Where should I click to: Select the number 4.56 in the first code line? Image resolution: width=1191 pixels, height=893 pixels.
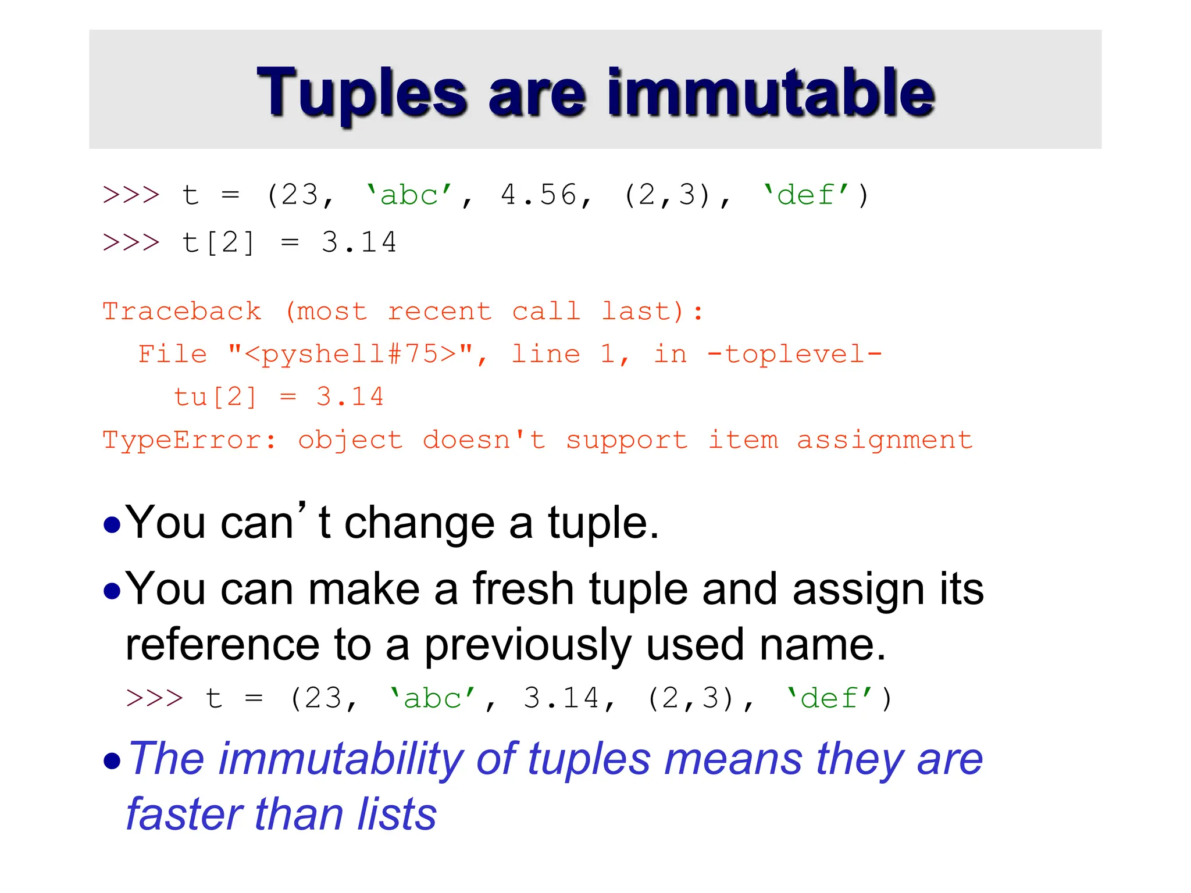tap(538, 195)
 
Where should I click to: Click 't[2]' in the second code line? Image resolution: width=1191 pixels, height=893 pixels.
tap(218, 243)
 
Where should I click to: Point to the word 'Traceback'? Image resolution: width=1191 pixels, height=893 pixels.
tap(182, 312)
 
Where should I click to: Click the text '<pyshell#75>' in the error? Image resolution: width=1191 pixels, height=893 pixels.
tap(350, 355)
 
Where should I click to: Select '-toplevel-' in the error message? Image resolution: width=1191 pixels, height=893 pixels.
tap(794, 355)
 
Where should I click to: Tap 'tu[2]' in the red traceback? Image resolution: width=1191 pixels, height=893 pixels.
tap(215, 398)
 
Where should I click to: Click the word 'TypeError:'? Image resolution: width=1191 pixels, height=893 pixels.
tap(190, 441)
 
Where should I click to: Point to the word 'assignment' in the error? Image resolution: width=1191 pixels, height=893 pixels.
tap(885, 441)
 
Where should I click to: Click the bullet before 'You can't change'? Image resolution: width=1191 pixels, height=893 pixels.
tap(112, 525)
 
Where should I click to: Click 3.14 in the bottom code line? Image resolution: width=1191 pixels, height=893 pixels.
tap(561, 699)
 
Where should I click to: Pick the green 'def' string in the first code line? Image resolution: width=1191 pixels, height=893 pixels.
tap(806, 195)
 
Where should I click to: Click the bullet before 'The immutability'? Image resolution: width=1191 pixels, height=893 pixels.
tap(112, 761)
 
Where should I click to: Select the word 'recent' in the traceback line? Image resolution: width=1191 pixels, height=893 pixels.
tap(439, 312)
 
